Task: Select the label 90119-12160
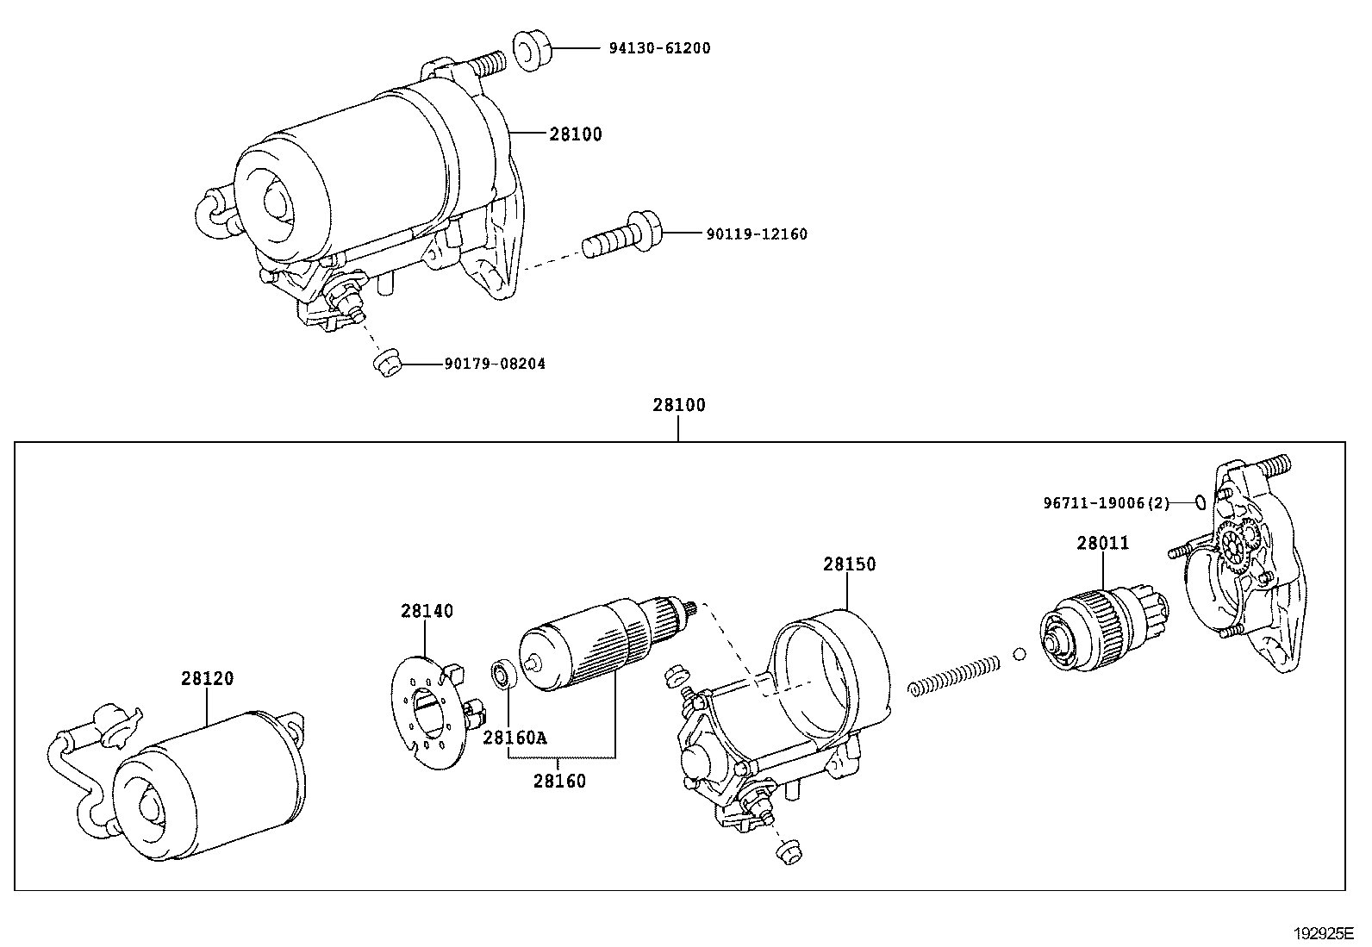757,234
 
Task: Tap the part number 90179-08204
495,364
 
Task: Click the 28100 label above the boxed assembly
678,405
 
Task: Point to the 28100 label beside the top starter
576,134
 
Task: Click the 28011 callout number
1102,543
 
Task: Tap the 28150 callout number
849,564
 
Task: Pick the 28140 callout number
426,610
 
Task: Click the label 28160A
514,737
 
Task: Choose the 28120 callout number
207,678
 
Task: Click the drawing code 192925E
1323,933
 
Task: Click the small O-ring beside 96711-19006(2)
1199,502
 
